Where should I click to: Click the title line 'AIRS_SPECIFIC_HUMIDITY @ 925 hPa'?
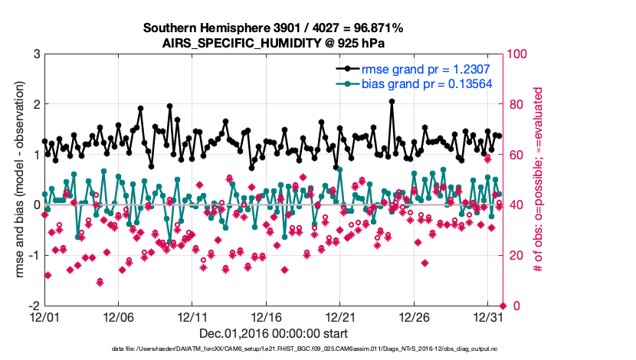(273, 43)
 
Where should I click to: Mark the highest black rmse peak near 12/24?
(392, 101)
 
